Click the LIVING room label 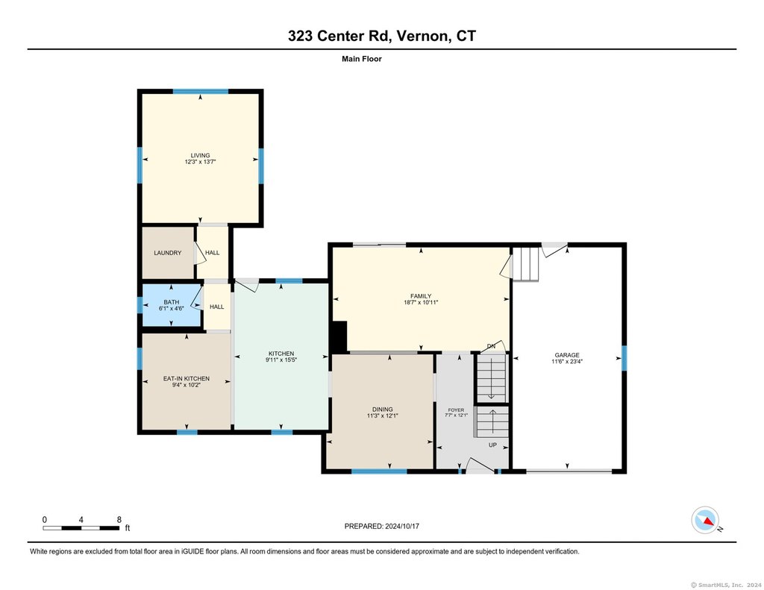(x=200, y=155)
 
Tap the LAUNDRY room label (x=168, y=253)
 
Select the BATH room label (x=172, y=302)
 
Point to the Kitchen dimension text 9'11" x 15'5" (x=281, y=360)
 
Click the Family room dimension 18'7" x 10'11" (x=421, y=303)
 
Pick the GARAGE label (x=567, y=355)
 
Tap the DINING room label (x=383, y=409)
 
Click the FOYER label (x=456, y=410)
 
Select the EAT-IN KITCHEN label (x=187, y=379)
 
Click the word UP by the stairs (x=492, y=445)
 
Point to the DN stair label (x=491, y=346)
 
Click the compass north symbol (x=706, y=521)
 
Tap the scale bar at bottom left (x=81, y=528)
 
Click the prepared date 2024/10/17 (x=402, y=526)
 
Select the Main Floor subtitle (x=362, y=59)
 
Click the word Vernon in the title (x=422, y=36)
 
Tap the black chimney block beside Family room (x=339, y=336)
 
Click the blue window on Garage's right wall (x=624, y=358)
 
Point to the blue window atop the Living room (x=201, y=91)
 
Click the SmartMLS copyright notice (x=726, y=585)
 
